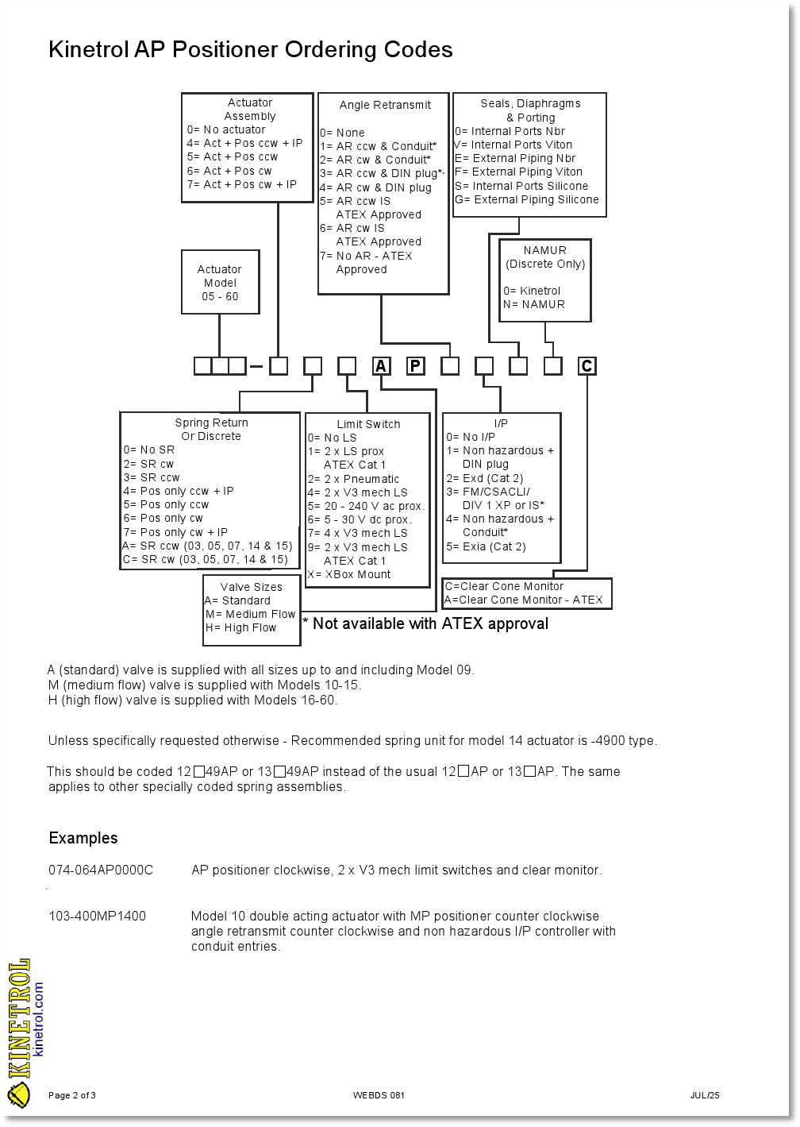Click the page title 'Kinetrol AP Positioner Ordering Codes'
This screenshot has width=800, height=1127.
pyautogui.click(x=250, y=50)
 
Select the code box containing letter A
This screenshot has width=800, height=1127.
pyautogui.click(x=382, y=366)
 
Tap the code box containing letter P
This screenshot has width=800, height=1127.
pyautogui.click(x=416, y=366)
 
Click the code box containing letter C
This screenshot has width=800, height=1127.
pyautogui.click(x=587, y=366)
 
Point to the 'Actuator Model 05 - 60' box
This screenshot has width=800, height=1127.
pyautogui.click(x=220, y=283)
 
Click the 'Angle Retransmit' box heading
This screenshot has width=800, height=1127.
pyautogui.click(x=385, y=105)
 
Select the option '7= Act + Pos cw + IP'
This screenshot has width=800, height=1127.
pyautogui.click(x=242, y=184)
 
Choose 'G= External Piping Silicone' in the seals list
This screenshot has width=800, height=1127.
pyautogui.click(x=527, y=199)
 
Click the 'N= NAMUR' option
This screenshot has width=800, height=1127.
pyautogui.click(x=534, y=304)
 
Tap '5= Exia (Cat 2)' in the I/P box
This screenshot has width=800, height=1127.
pyautogui.click(x=486, y=546)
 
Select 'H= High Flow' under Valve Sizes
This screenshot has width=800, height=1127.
pyautogui.click(x=241, y=627)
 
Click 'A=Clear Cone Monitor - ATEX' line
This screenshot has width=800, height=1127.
pyautogui.click(x=524, y=600)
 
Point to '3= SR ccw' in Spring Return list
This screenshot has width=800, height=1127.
pyautogui.click(x=152, y=477)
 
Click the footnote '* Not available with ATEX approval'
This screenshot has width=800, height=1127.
pyautogui.click(x=425, y=624)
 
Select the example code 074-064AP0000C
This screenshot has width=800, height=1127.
pyautogui.click(x=101, y=870)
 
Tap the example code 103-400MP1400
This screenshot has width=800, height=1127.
pyautogui.click(x=97, y=917)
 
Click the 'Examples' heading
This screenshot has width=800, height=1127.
pyautogui.click(x=83, y=839)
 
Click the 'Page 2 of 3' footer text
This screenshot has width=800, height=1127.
pyautogui.click(x=72, y=1096)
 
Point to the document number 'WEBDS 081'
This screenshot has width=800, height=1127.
pyautogui.click(x=379, y=1096)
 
